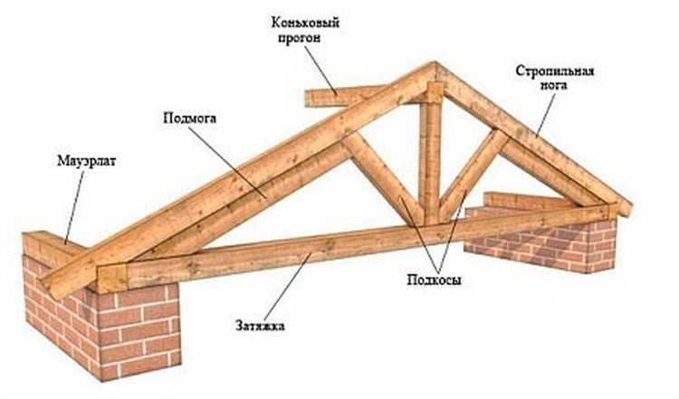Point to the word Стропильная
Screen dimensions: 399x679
click(553, 71)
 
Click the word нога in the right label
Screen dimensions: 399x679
click(554, 88)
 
